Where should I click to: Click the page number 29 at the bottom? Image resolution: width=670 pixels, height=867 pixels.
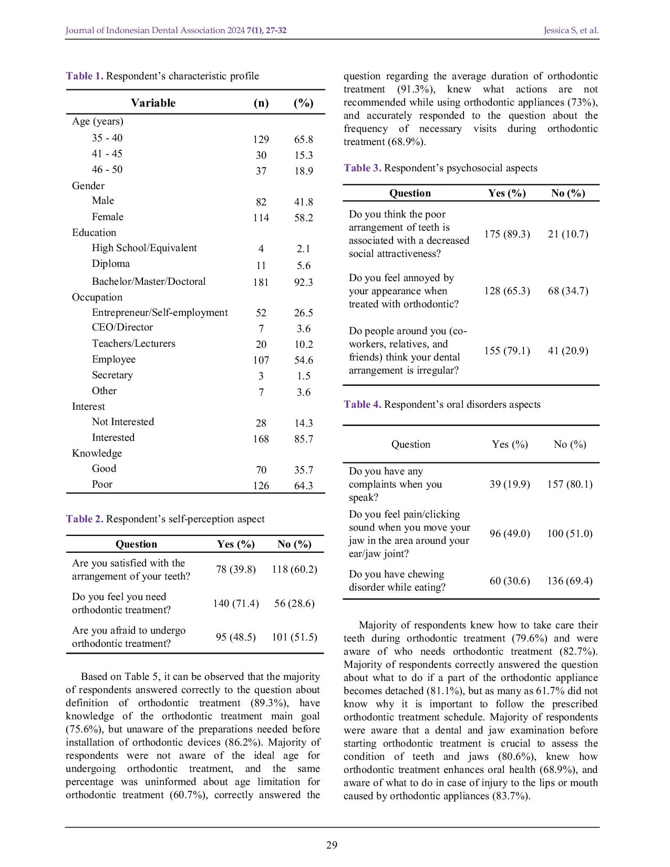click(x=332, y=845)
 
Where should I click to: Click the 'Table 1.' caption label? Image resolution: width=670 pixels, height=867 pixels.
click(x=84, y=76)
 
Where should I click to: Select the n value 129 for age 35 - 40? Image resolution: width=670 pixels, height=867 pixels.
click(x=261, y=139)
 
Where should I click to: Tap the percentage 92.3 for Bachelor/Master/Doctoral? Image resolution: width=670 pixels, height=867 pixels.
click(x=303, y=282)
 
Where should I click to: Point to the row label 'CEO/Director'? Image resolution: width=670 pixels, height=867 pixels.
click(x=122, y=327)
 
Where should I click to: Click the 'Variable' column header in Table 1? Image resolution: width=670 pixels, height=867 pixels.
click(x=153, y=103)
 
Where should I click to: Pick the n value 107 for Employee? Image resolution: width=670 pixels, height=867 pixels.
click(x=261, y=360)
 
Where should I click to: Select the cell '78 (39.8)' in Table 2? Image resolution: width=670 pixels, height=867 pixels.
click(x=235, y=570)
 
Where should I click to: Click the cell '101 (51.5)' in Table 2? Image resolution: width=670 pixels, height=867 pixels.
click(x=294, y=637)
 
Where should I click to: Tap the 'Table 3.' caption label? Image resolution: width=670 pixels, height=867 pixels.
click(x=362, y=168)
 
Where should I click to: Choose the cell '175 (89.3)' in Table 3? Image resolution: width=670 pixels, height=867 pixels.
click(x=507, y=234)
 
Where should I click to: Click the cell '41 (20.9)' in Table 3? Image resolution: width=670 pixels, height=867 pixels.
click(x=568, y=350)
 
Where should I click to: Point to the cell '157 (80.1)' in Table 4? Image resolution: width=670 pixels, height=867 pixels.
click(x=569, y=484)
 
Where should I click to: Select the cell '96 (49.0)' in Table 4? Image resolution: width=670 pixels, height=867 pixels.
click(x=509, y=533)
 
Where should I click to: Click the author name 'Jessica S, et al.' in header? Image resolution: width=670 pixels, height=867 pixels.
click(x=571, y=30)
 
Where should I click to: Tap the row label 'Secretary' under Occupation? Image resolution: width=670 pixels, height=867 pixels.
click(x=112, y=375)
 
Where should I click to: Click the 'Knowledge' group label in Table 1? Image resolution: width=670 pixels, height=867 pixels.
click(x=97, y=453)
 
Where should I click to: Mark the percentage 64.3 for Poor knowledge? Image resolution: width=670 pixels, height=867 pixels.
click(x=303, y=486)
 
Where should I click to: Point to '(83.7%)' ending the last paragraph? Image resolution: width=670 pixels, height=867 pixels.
click(x=511, y=796)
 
